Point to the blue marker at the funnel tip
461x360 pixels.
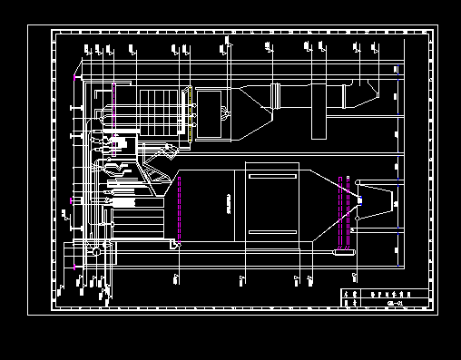pyautogui.click(x=360, y=200)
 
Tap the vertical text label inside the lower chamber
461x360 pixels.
pyautogui.click(x=229, y=204)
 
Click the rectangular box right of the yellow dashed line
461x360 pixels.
pyautogui.click(x=215, y=113)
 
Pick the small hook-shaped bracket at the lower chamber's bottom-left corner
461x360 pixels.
pyautogui.click(x=173, y=243)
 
